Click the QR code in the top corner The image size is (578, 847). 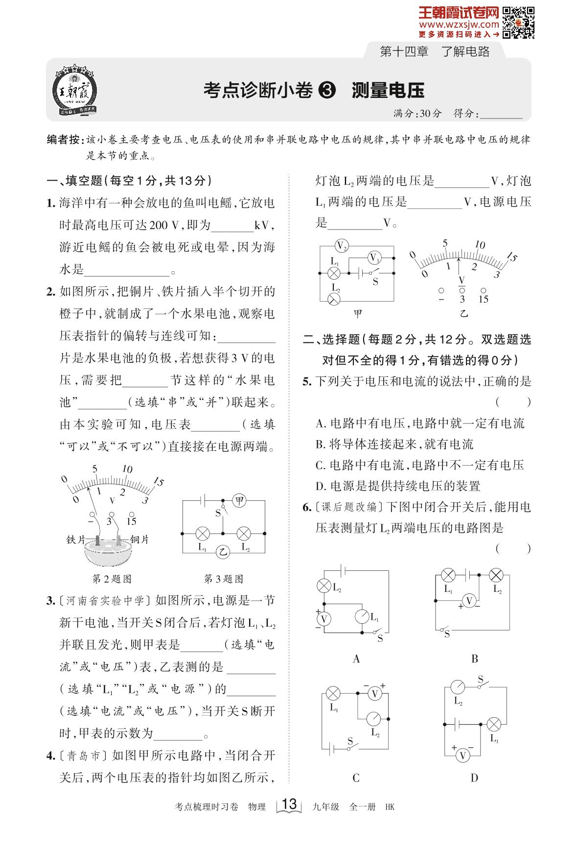click(x=518, y=23)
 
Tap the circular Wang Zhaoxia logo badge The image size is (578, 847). click(x=75, y=91)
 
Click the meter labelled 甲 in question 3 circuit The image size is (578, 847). click(x=239, y=500)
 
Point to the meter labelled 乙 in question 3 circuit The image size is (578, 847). click(x=223, y=552)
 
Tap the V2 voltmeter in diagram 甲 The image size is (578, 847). click(x=342, y=245)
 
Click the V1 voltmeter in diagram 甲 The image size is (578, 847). click(x=374, y=258)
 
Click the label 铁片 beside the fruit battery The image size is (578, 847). click(x=76, y=539)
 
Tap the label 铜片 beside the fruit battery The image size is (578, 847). click(x=139, y=539)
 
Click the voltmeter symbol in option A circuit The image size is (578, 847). click(x=324, y=619)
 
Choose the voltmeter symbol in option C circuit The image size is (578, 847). click(x=375, y=693)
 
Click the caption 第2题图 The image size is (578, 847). click(x=112, y=579)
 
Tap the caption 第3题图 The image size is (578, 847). click(x=223, y=579)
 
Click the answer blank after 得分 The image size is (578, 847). click(x=501, y=114)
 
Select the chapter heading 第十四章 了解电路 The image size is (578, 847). click(x=435, y=51)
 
